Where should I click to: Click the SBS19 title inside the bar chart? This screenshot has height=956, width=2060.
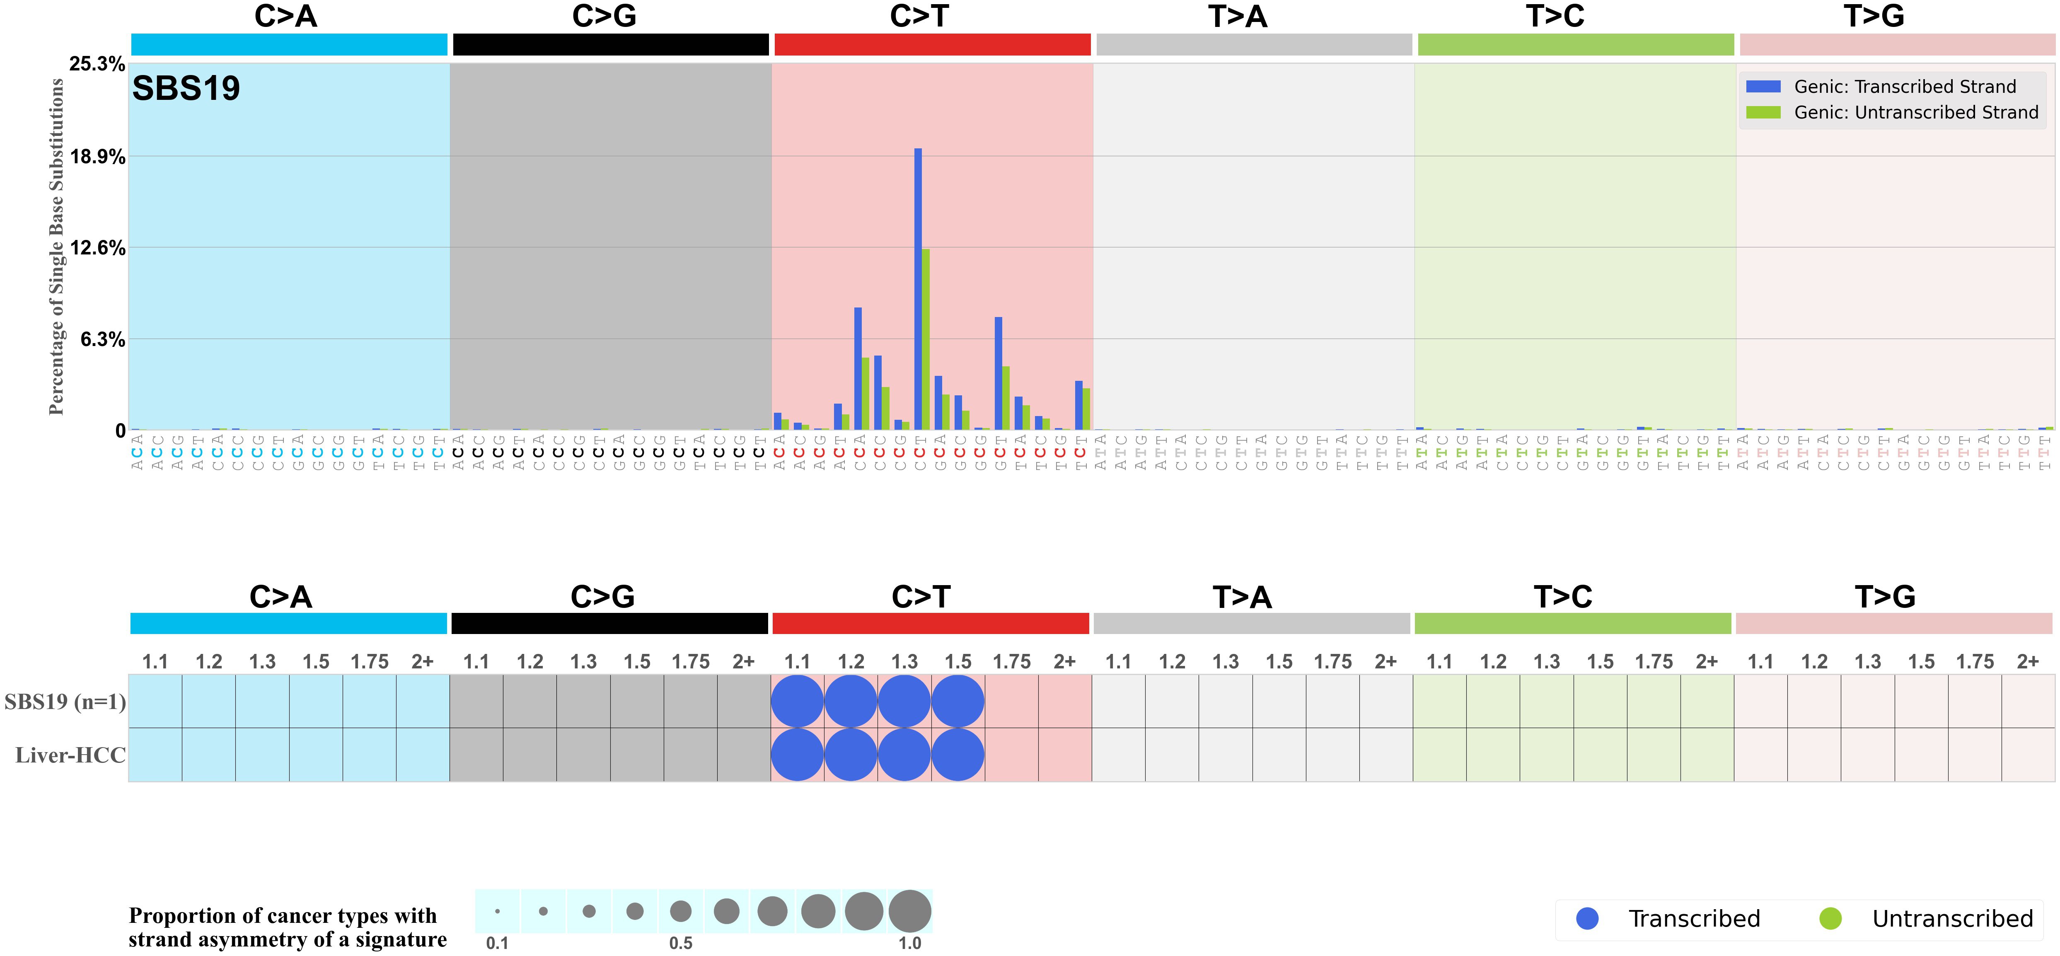186,88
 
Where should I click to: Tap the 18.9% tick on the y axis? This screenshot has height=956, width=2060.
97,157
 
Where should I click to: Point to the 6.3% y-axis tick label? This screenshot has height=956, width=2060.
102,340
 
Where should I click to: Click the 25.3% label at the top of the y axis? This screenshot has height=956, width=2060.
97,64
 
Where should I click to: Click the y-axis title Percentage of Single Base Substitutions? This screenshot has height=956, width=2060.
56,247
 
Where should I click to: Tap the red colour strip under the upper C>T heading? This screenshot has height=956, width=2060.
933,45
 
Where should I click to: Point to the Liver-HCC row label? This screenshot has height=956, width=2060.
70,755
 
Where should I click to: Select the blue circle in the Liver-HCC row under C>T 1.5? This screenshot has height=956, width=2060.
958,755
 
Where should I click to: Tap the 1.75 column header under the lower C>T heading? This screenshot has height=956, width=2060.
1012,662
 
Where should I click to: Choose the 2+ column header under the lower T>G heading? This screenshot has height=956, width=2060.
2028,662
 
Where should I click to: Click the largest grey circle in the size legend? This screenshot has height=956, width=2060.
910,911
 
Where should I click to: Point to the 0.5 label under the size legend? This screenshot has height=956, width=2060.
681,943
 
